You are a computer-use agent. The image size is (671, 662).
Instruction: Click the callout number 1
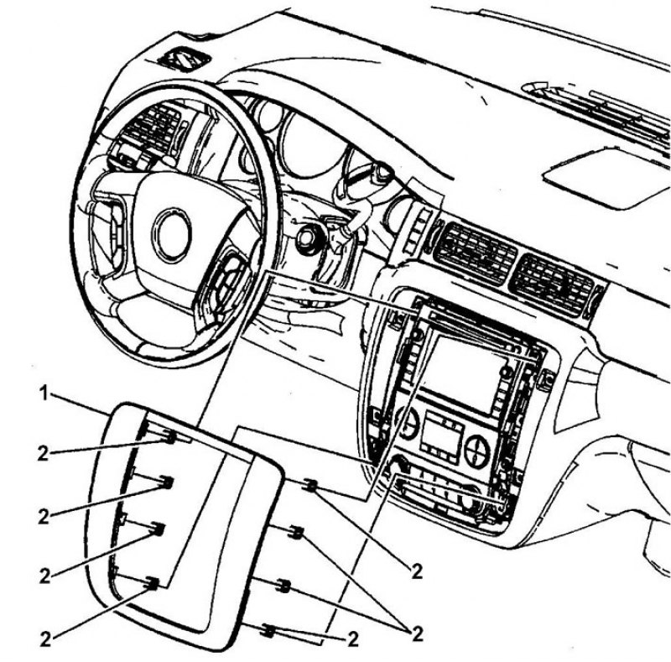pos(44,394)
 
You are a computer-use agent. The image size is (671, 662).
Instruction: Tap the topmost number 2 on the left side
pos(44,454)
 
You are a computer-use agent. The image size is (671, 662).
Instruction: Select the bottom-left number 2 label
pos(45,639)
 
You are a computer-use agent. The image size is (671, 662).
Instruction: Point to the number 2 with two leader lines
pos(417,633)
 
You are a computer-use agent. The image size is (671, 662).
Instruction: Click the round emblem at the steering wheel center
pos(173,235)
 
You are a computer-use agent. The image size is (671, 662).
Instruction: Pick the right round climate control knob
pos(476,451)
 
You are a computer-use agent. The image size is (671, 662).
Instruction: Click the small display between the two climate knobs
pos(442,436)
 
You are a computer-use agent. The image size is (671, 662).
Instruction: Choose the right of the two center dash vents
pos(553,284)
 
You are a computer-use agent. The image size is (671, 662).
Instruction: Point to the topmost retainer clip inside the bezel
pos(170,437)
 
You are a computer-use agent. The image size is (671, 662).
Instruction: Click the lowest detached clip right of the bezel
pos(268,630)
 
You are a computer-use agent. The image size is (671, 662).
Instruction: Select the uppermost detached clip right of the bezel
pos(311,485)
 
